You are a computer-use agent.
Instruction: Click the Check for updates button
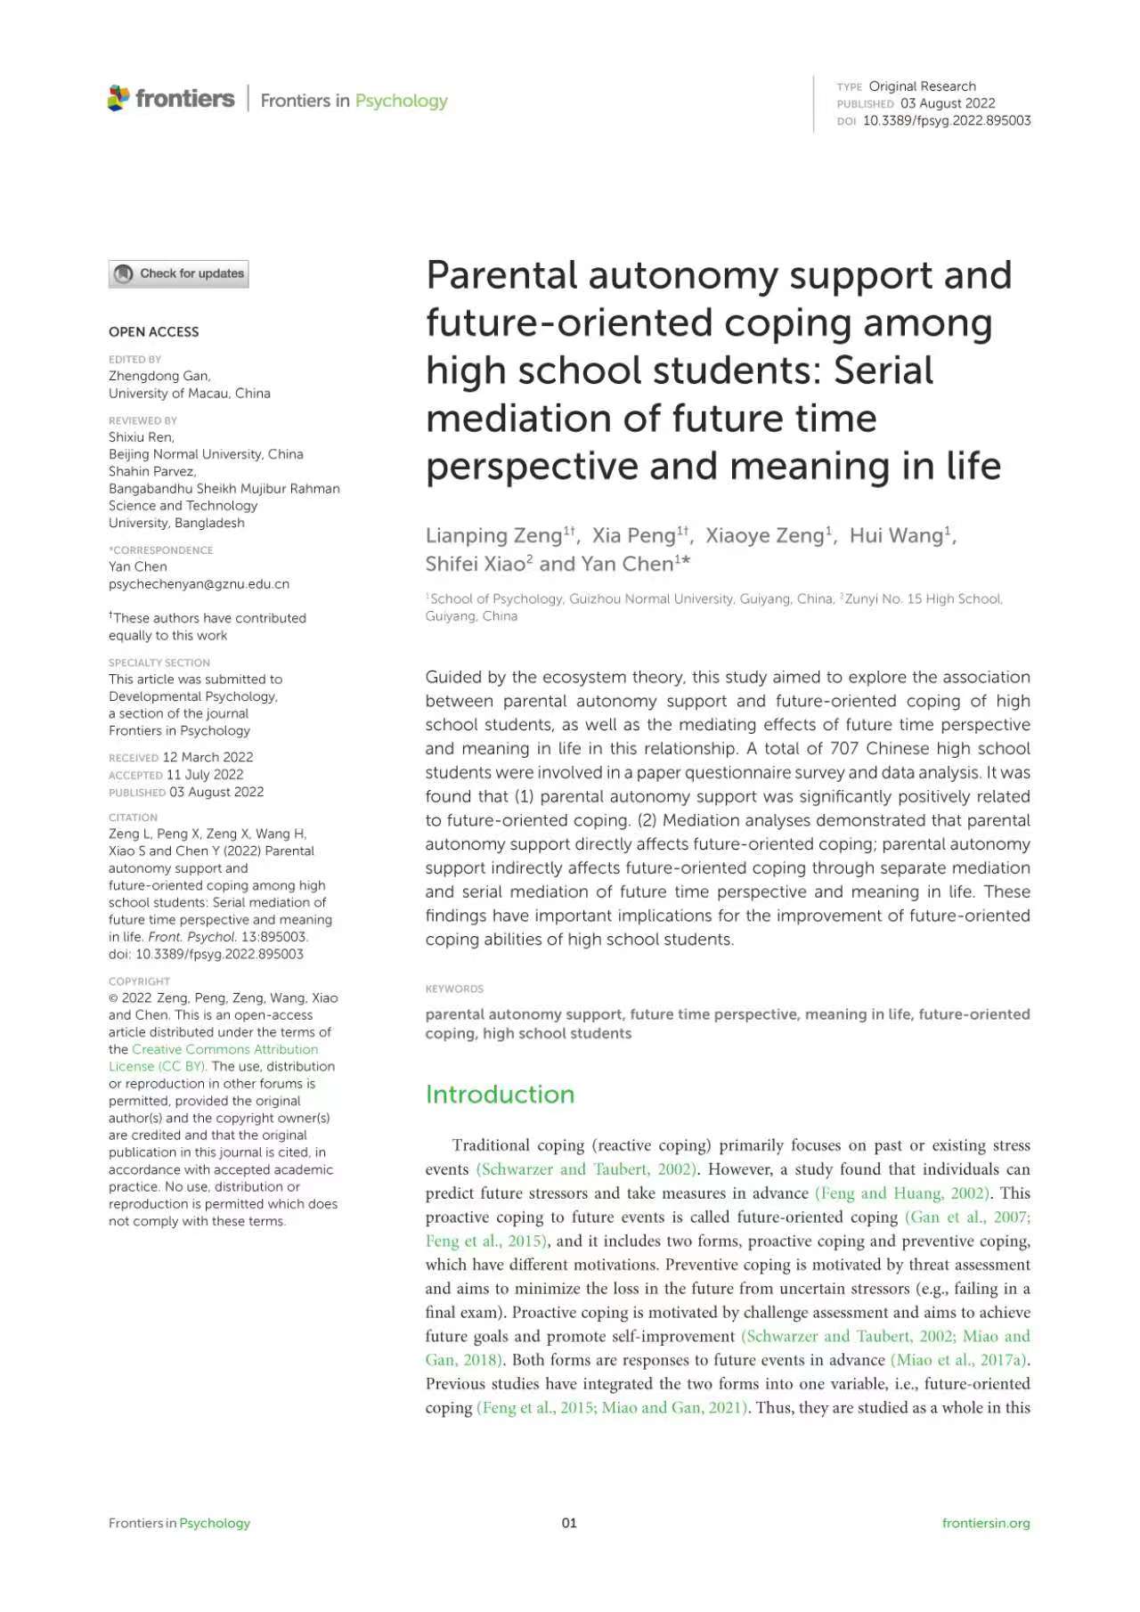click(178, 273)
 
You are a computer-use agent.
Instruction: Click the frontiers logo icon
click(118, 98)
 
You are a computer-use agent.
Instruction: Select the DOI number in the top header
click(946, 120)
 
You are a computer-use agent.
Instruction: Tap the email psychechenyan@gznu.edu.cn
click(199, 584)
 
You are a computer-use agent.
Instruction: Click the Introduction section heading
click(500, 1094)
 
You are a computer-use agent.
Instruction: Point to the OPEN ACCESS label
click(153, 331)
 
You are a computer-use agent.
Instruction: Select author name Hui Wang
click(895, 535)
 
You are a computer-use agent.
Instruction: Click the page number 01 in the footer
click(569, 1523)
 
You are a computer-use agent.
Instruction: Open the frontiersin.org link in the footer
click(985, 1523)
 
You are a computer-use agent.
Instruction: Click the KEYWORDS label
click(454, 989)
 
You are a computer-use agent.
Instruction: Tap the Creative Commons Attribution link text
click(224, 1049)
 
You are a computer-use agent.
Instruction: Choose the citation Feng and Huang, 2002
click(901, 1193)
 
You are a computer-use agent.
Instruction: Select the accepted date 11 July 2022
click(204, 775)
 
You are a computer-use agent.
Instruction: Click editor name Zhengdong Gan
click(159, 376)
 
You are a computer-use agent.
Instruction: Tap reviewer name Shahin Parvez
click(151, 471)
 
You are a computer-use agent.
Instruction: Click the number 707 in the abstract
click(844, 748)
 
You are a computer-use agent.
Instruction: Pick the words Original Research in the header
click(922, 86)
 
